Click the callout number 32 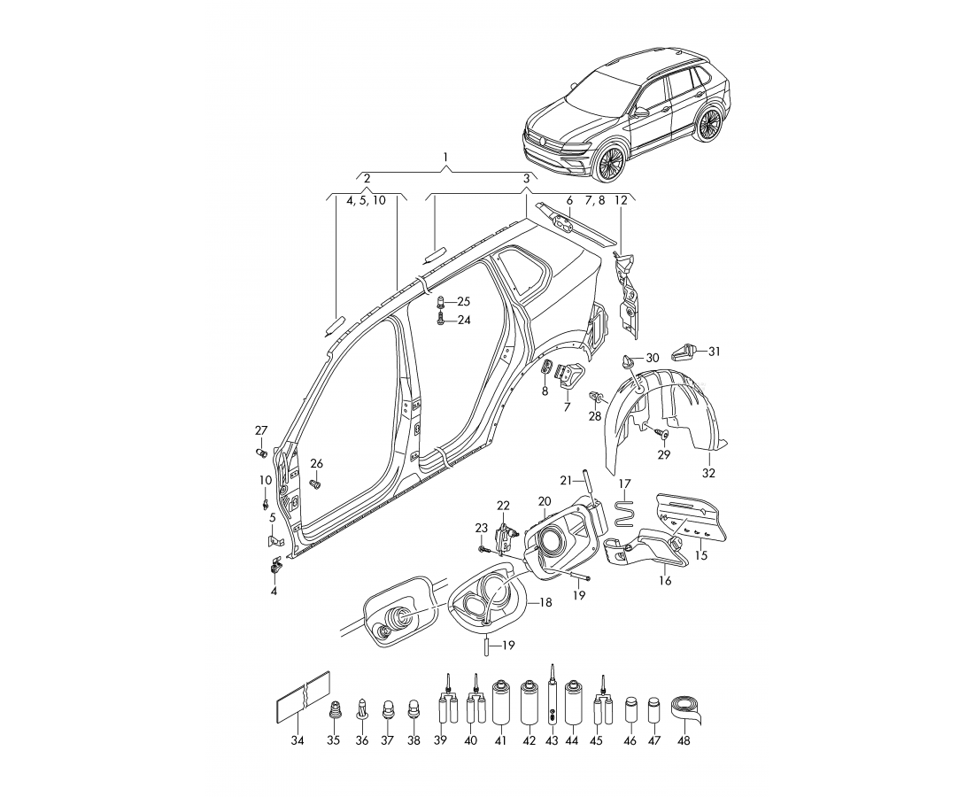coord(708,473)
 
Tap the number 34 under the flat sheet coord(298,740)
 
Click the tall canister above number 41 coord(501,703)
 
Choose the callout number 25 coord(464,302)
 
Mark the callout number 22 coord(503,506)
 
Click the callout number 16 coord(665,581)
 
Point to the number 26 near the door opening coord(316,463)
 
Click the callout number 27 coord(261,430)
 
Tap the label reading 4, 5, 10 coord(367,200)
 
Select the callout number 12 coord(620,200)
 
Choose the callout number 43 coord(552,740)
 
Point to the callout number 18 coord(545,601)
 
